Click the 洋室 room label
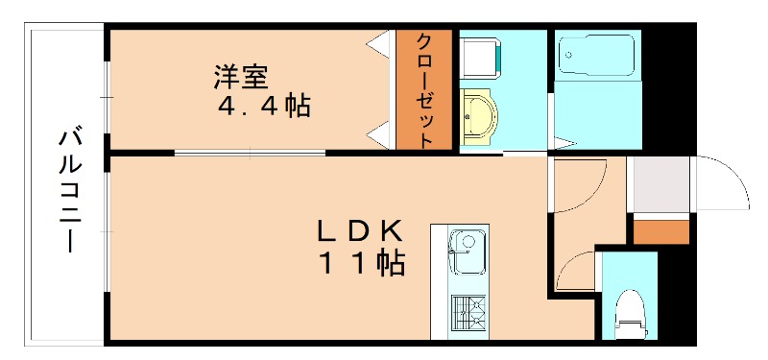[240, 75]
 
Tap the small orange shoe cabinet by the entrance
[661, 231]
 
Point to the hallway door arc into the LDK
[582, 182]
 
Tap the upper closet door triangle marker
[379, 43]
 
